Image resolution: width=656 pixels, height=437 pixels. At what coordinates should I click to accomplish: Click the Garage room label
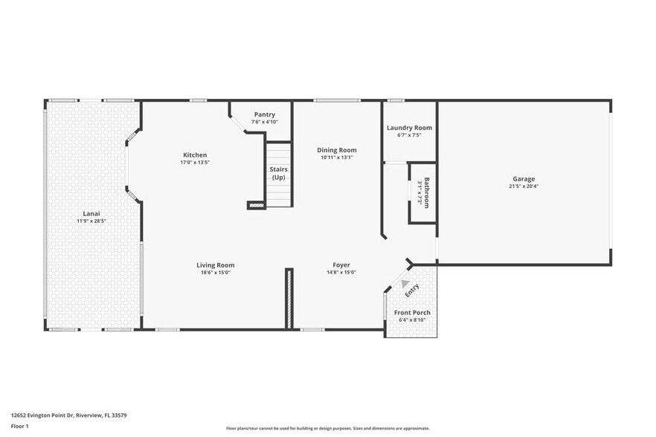523,178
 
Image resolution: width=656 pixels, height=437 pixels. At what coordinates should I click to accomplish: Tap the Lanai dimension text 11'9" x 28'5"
91,221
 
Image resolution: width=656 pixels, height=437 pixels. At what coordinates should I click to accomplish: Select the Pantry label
264,114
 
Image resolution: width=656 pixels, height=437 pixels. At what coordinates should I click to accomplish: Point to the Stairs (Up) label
278,173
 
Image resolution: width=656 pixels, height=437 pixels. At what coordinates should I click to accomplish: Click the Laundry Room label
409,128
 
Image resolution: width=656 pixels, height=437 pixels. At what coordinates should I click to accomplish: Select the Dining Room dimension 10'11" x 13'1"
337,158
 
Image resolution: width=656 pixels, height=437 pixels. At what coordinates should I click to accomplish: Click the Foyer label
341,265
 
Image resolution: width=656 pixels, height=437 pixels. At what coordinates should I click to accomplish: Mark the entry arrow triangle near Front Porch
404,283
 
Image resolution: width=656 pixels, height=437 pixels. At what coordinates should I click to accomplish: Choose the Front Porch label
412,312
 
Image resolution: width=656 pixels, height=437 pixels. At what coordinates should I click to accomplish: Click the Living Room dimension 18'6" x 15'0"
215,273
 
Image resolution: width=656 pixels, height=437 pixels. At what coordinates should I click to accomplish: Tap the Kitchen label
195,155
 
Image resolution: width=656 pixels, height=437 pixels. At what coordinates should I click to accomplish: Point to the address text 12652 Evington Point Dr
63,415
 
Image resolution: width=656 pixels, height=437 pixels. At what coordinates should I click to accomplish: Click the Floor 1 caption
19,426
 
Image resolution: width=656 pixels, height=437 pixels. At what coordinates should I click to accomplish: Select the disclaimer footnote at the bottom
327,429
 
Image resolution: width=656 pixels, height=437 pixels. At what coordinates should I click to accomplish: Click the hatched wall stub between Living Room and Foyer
289,297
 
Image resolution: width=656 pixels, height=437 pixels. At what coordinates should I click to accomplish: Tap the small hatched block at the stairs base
256,204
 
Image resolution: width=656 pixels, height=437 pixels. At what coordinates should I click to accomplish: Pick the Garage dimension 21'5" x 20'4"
523,187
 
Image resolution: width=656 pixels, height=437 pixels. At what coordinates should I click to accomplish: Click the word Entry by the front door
411,288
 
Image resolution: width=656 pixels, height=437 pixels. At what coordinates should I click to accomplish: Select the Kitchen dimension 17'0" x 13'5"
195,162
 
